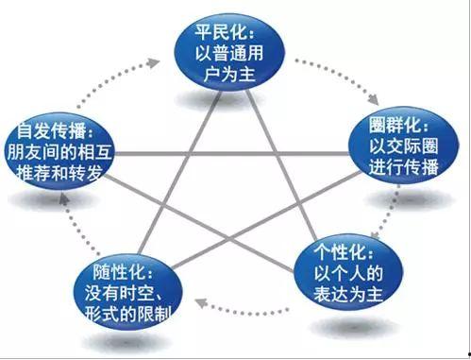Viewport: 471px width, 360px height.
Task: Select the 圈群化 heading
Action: click(403, 123)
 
